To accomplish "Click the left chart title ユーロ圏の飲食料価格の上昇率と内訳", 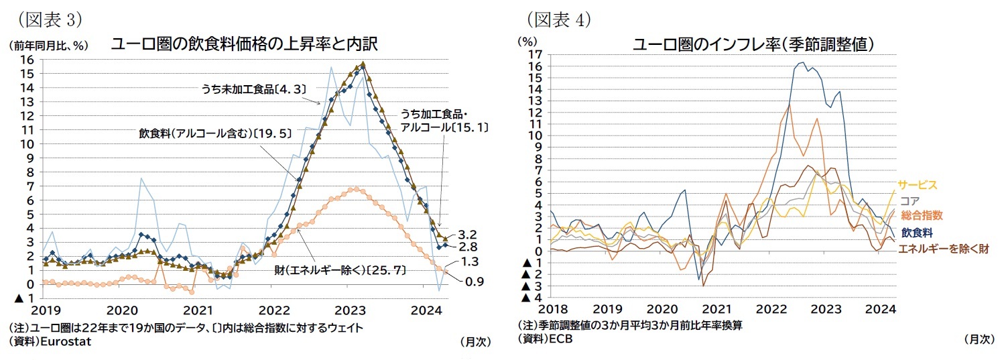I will (244, 45).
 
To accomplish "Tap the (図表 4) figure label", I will (558, 19).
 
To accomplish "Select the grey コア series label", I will (910, 200).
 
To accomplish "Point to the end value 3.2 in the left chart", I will (466, 236).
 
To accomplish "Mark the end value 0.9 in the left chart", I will (475, 282).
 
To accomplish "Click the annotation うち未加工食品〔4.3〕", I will (245, 88).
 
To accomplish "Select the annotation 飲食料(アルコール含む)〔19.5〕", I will (215, 133).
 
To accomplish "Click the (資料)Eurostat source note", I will (47, 341).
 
